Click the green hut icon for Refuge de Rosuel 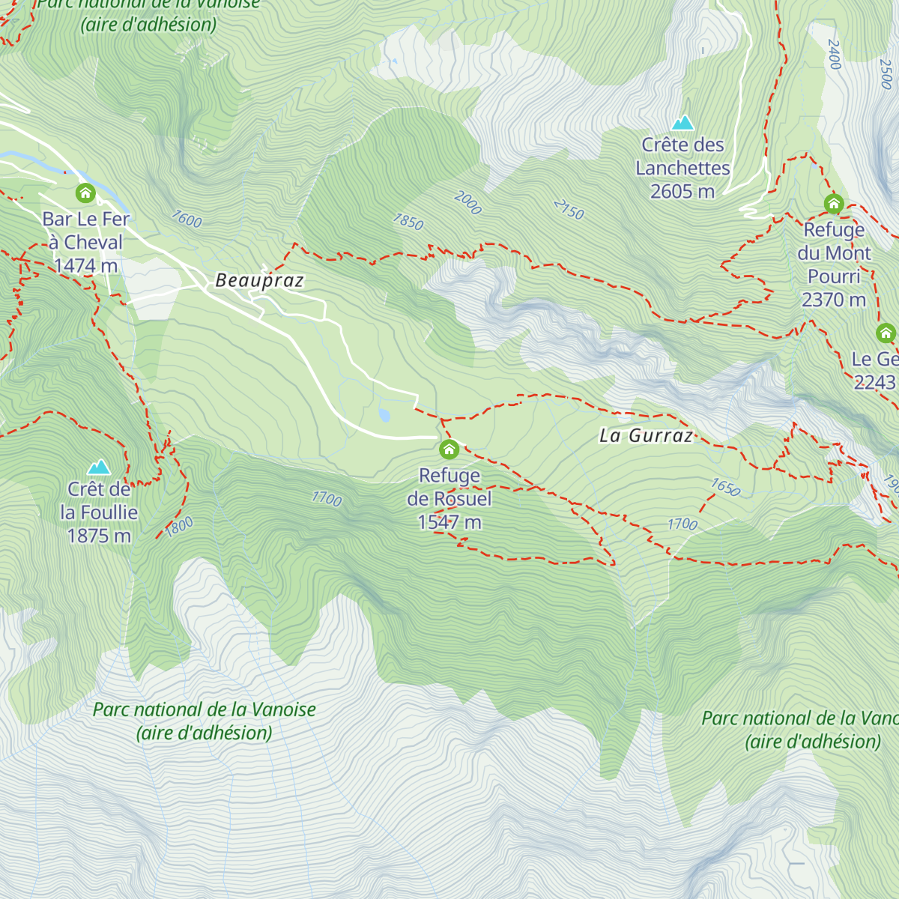tap(449, 449)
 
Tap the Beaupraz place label tap(259, 281)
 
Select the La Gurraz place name tap(646, 436)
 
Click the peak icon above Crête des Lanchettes tap(682, 122)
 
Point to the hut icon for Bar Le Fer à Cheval tap(85, 193)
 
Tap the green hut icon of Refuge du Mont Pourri tap(834, 204)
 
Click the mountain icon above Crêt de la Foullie tap(99, 467)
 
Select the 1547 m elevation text tap(449, 522)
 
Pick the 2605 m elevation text tap(682, 192)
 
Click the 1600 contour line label tap(187, 219)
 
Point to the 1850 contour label tap(408, 222)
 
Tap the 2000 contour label tap(467, 203)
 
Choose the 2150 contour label tap(569, 210)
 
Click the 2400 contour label tap(835, 54)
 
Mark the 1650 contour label tap(725, 488)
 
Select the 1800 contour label tap(180, 527)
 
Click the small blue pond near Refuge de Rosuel tap(384, 415)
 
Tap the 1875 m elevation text tap(99, 536)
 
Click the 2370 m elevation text tap(833, 300)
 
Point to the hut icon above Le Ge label tap(886, 333)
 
